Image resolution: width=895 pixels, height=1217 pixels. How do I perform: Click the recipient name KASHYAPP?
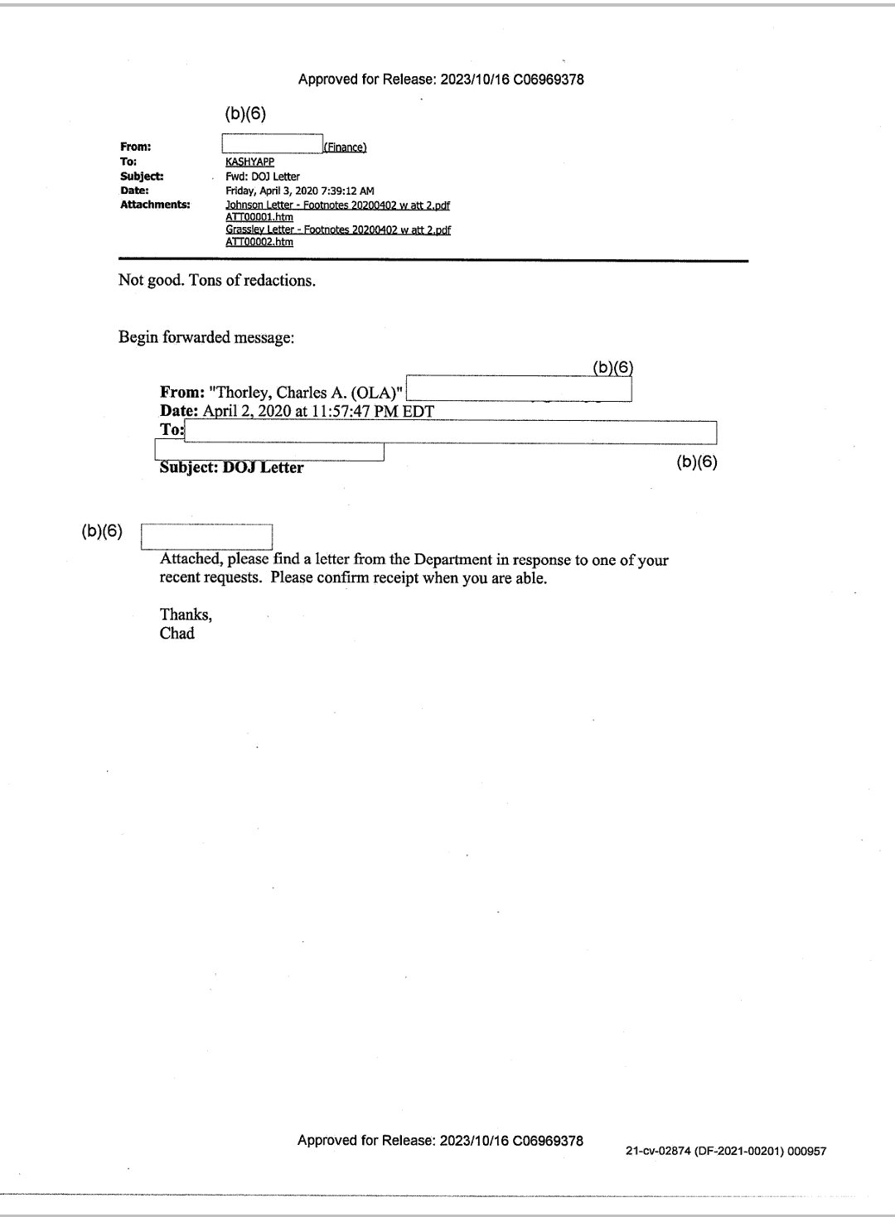(249, 162)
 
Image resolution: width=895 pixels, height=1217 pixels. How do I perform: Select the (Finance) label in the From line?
(345, 147)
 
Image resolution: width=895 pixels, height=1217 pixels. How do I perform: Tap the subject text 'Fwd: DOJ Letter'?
(263, 176)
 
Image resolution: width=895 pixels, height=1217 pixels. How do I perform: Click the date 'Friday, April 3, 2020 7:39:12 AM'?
(299, 191)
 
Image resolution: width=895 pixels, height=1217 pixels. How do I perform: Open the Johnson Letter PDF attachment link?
(337, 205)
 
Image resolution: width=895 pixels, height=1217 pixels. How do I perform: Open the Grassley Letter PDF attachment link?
(338, 229)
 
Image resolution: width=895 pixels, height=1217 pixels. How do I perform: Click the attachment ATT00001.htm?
(259, 217)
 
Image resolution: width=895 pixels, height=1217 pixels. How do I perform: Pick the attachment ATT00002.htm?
(259, 242)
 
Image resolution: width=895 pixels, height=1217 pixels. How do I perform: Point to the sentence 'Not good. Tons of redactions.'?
(217, 280)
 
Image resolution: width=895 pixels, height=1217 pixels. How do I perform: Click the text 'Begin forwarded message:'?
(206, 337)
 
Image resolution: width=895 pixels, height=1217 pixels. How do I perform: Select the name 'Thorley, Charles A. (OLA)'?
(306, 393)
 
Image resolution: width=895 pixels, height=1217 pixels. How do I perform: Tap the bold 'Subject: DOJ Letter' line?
(231, 467)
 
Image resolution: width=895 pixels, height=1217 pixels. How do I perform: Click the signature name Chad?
(177, 634)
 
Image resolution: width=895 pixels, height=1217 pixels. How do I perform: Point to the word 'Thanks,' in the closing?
(186, 614)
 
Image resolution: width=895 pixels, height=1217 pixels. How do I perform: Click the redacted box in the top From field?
(272, 144)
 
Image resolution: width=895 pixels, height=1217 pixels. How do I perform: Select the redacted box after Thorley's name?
(519, 389)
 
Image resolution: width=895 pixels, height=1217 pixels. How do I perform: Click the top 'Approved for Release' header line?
(441, 80)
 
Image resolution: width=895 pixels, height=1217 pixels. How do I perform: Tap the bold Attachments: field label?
(155, 205)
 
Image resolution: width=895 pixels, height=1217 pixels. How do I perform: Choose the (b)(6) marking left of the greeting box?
(102, 532)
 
